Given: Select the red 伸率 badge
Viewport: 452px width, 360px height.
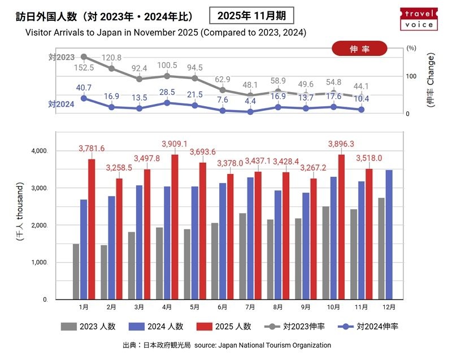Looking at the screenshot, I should click(359, 49).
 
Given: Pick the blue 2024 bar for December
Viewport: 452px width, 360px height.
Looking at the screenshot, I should click(389, 234).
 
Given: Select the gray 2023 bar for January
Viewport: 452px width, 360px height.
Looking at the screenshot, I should click(76, 271).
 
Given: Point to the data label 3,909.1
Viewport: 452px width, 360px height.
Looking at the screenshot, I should click(175, 144).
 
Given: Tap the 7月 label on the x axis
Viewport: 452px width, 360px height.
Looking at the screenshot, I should click(250, 307).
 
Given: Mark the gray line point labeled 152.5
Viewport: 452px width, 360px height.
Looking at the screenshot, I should click(84, 57).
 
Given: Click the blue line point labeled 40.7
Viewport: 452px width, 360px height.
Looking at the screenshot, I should click(84, 98).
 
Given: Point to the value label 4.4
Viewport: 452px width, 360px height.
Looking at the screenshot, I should click(250, 101).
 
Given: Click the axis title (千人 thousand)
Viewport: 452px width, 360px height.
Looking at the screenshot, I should click(20, 212).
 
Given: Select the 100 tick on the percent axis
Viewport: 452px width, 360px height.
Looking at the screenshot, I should click(411, 76).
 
